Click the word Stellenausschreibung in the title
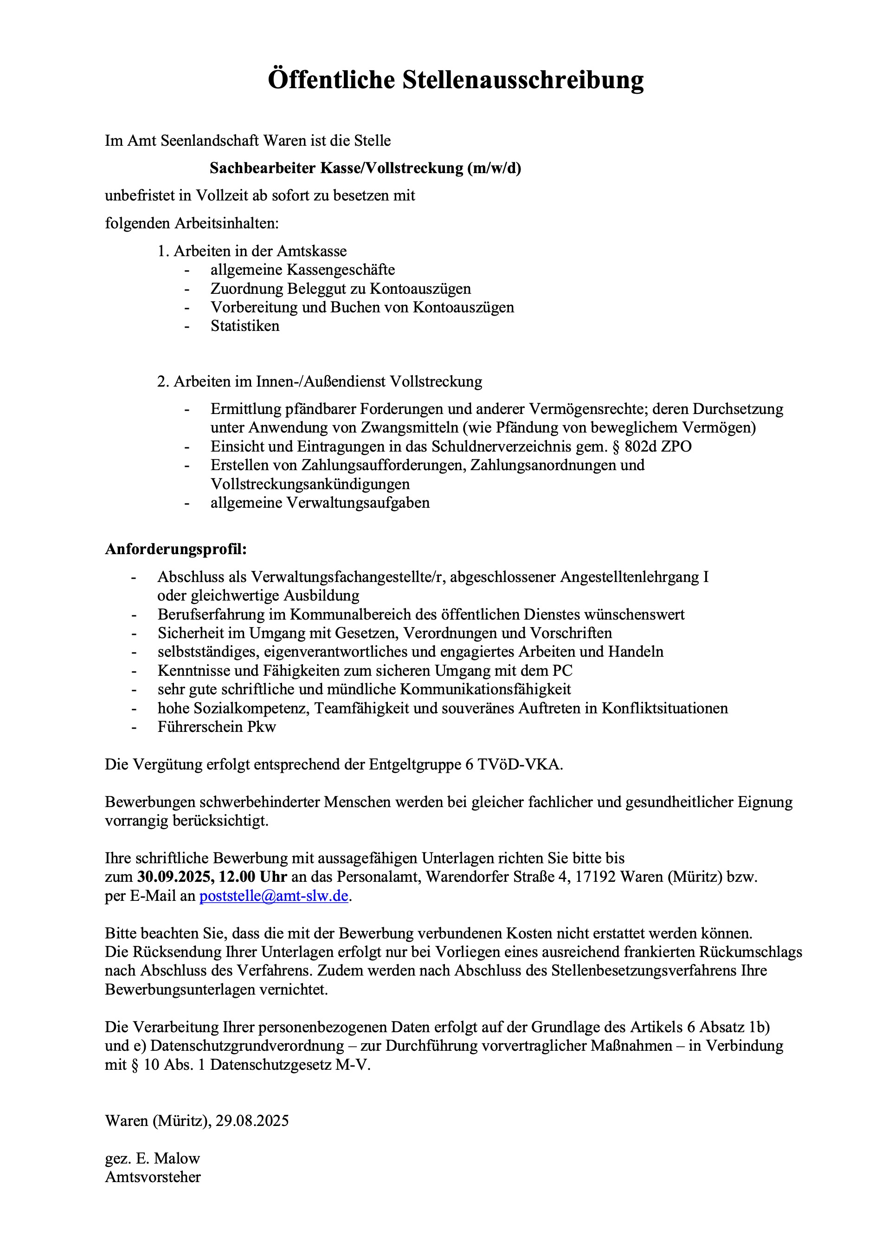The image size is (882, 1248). click(523, 80)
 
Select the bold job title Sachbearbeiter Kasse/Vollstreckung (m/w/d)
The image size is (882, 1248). click(365, 168)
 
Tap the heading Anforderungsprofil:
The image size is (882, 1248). click(175, 549)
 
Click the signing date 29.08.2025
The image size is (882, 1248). click(251, 1120)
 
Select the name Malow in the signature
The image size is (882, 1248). click(177, 1158)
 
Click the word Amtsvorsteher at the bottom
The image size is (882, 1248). click(153, 1177)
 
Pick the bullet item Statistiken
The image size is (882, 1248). click(245, 326)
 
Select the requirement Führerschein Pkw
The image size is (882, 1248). click(217, 727)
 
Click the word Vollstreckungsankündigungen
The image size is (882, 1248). click(310, 484)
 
